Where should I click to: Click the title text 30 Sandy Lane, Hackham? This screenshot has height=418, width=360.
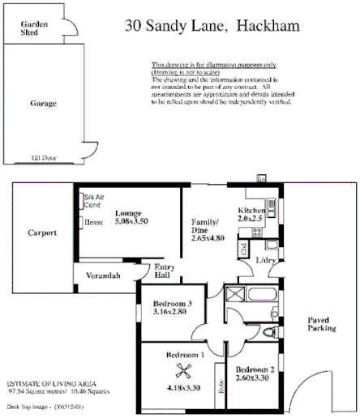pos(212,25)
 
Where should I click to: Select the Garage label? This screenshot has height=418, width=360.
pos(42,104)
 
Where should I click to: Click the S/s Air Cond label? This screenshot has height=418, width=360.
pos(95,201)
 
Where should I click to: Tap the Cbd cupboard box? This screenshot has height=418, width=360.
pos(243,249)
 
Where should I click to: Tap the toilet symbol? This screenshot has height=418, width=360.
pos(272,331)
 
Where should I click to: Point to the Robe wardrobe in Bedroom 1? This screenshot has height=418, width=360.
pos(220,387)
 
